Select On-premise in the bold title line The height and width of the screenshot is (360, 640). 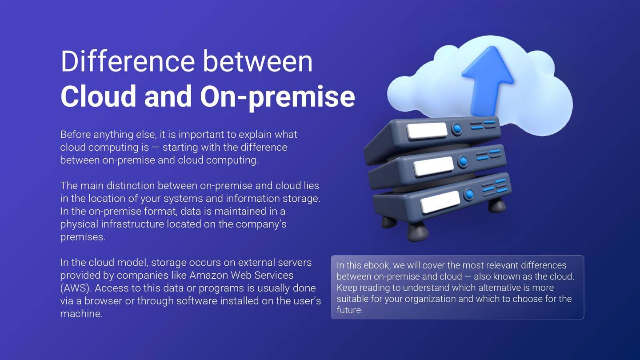click(x=277, y=96)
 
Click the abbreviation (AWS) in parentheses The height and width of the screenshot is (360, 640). click(x=76, y=288)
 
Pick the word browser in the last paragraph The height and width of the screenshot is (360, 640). click(x=103, y=301)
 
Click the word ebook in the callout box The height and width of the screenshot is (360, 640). click(x=377, y=265)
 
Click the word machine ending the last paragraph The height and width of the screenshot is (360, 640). click(x=80, y=314)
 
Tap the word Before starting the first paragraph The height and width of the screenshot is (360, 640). click(x=75, y=134)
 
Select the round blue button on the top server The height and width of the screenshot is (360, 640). click(x=456, y=129)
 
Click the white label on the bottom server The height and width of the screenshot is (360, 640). click(x=440, y=202)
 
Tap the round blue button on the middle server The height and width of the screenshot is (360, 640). click(x=463, y=161)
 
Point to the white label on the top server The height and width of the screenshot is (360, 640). click(x=427, y=131)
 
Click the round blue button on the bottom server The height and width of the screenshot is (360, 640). click(x=469, y=194)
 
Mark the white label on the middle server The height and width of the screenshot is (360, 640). click(x=433, y=166)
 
